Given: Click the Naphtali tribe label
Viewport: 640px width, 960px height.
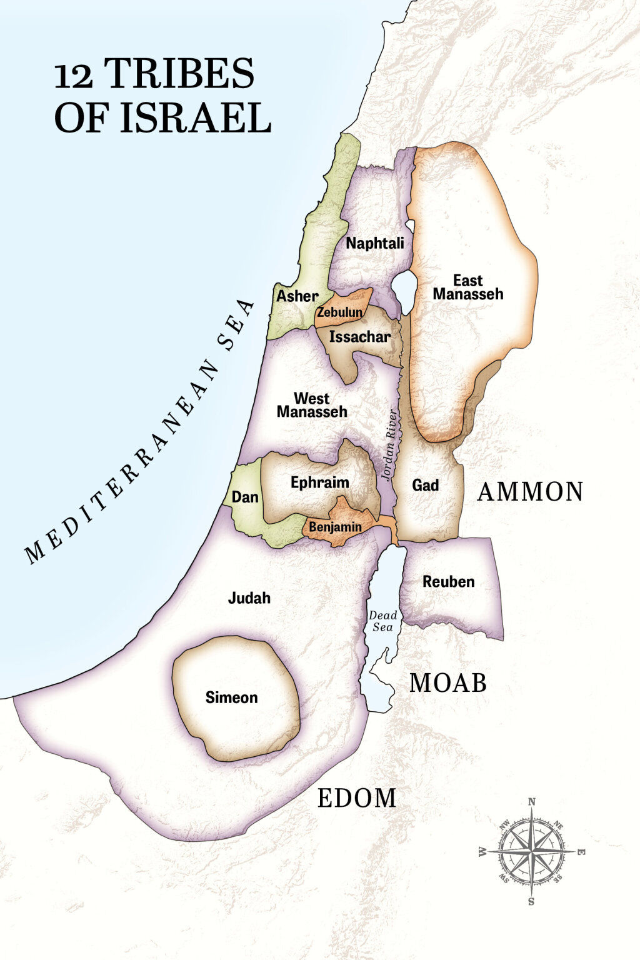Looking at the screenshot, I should (375, 243).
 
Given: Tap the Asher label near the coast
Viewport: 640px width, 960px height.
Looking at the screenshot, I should (297, 296).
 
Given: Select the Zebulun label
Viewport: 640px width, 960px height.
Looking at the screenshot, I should (339, 312).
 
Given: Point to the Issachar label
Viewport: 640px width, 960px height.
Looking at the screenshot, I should (360, 337).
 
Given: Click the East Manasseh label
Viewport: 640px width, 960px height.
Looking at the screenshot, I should (467, 287).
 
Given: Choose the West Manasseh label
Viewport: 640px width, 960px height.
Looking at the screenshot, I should (312, 405).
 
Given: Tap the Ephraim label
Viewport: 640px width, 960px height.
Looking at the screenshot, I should (319, 482).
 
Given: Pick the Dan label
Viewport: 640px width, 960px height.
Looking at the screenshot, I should (245, 497).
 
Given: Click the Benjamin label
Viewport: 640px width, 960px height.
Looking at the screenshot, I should (335, 527).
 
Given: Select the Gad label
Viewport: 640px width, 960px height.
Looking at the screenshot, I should (425, 485).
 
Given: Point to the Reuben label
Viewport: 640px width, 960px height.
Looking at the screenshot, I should (448, 582).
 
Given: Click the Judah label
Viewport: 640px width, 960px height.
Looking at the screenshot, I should (249, 598).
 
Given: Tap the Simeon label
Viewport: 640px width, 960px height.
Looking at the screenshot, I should (231, 697).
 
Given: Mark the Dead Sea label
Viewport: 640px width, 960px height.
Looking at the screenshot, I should (382, 621).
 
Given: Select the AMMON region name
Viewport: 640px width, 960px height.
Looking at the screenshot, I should (530, 492).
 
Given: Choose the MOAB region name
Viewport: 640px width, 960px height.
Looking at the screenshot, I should (447, 683).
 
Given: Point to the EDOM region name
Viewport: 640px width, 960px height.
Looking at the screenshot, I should (356, 798).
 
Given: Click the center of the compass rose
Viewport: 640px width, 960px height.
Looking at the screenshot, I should (532, 851).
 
